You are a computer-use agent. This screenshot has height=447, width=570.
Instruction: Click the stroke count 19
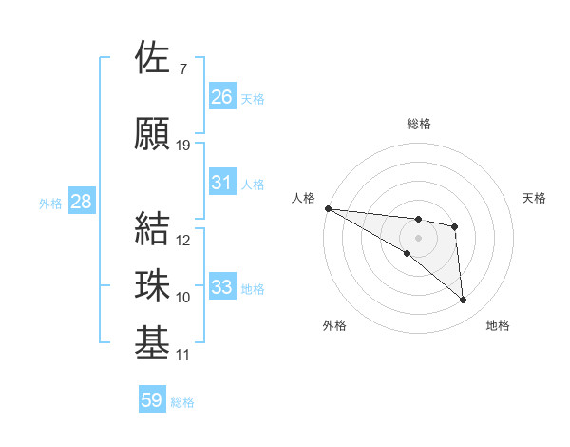pyautogui.click(x=183, y=146)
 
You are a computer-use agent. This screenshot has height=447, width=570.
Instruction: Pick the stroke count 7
pyautogui.click(x=182, y=69)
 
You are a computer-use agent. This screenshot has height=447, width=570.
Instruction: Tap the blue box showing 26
pyautogui.click(x=222, y=96)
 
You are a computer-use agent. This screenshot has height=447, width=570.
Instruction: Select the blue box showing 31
pyautogui.click(x=222, y=183)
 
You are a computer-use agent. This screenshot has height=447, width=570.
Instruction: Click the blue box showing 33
pyautogui.click(x=222, y=287)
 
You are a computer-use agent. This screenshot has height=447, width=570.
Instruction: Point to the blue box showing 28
pyautogui.click(x=81, y=202)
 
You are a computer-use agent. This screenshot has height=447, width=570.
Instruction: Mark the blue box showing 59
pyautogui.click(x=152, y=400)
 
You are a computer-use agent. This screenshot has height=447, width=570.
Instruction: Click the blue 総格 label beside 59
pyautogui.click(x=182, y=402)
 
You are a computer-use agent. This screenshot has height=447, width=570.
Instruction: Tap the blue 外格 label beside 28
pyautogui.click(x=49, y=203)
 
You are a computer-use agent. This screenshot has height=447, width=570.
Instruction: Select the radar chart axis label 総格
pyautogui.click(x=418, y=124)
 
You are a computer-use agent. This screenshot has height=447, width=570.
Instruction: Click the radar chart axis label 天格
pyautogui.click(x=535, y=198)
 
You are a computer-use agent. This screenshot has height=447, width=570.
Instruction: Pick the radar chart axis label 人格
pyautogui.click(x=303, y=198)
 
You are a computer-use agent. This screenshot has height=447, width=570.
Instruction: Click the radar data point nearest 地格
pyautogui.click(x=464, y=301)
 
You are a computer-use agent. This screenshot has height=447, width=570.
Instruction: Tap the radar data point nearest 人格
pyautogui.click(x=328, y=208)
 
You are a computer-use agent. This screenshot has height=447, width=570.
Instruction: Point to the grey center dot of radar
pyautogui.click(x=418, y=238)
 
